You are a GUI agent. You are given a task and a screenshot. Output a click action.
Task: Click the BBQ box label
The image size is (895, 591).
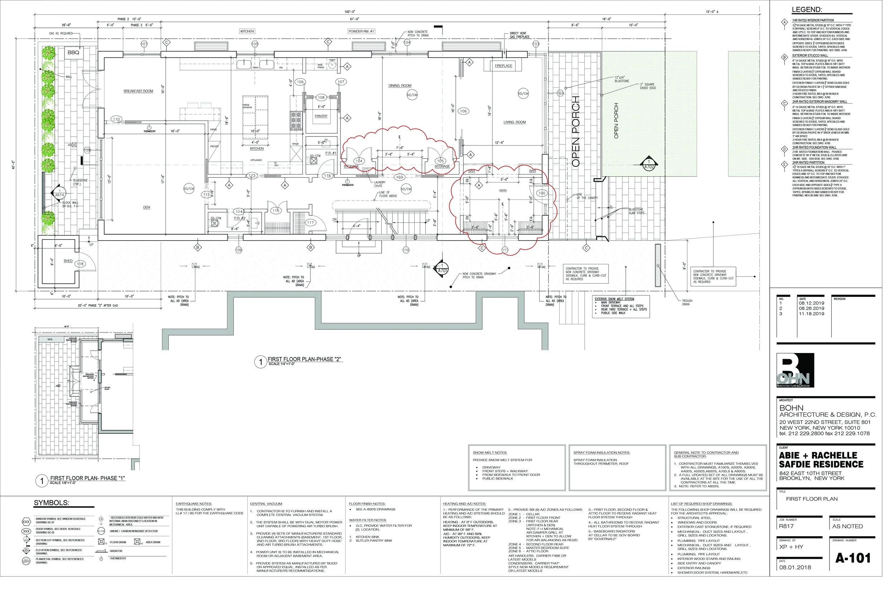click(73, 52)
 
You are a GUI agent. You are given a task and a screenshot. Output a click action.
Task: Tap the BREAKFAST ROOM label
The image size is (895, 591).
click(138, 91)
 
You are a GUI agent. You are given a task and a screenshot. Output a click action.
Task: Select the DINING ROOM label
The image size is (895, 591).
click(400, 86)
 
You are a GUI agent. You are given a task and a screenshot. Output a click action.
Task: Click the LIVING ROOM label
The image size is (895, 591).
click(514, 122)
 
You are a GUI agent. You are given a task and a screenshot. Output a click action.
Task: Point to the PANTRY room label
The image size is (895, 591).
click(321, 116)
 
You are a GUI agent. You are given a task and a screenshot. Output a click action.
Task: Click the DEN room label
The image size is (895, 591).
click(146, 207)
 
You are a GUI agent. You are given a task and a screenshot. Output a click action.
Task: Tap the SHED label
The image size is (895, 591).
click(68, 261)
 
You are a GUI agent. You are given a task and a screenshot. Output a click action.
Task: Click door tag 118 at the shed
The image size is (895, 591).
click(80, 264)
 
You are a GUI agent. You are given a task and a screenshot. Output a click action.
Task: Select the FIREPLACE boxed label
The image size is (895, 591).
click(503, 66)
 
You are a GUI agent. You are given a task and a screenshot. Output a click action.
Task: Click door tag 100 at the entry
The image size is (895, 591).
click(541, 193)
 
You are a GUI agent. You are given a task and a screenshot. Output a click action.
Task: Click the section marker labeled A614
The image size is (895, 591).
click(59, 193)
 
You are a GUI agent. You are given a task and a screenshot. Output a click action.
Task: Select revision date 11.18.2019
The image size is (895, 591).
click(812, 314)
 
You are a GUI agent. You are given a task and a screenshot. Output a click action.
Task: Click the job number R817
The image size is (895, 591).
click(787, 526)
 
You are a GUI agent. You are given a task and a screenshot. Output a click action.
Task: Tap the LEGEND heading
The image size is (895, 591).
click(806, 10)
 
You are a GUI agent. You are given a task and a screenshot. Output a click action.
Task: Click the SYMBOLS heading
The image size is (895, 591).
click(51, 503)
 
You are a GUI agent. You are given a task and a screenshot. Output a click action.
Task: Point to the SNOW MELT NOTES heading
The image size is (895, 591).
click(490, 453)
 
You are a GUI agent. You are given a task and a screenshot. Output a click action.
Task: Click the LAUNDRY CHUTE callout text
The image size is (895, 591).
click(379, 184)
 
